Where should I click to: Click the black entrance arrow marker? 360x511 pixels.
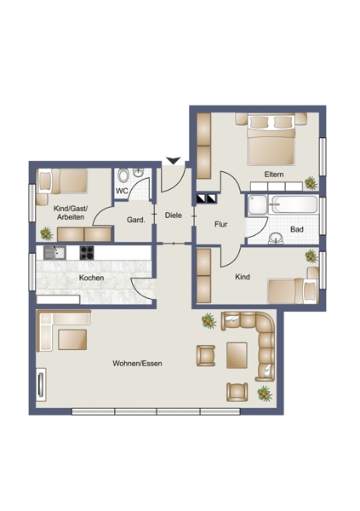(173, 161)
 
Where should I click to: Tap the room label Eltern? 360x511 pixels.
(274, 175)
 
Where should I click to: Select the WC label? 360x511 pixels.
(122, 191)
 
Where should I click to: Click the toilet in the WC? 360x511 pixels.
(123, 175)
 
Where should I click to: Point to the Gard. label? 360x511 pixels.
(135, 220)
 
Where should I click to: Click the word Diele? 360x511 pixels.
(173, 215)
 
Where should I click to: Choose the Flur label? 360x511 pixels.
(221, 224)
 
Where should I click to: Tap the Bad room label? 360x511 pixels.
(297, 229)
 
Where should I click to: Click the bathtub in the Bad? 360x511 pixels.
(294, 204)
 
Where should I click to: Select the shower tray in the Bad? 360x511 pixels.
(258, 205)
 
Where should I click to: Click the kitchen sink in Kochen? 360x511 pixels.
(54, 253)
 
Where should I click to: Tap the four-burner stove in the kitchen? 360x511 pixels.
(87, 253)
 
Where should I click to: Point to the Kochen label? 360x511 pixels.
(92, 278)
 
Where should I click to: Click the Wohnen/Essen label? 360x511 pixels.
(137, 364)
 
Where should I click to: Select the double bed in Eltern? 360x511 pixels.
(271, 140)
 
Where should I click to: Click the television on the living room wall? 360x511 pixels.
(41, 385)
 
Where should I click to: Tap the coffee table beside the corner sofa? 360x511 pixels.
(237, 355)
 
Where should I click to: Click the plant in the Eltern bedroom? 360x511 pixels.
(311, 183)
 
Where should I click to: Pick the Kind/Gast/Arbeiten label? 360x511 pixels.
(71, 213)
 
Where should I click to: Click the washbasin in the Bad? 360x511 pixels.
(277, 238)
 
